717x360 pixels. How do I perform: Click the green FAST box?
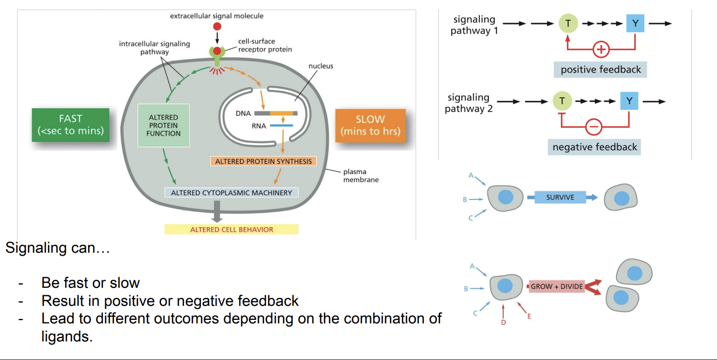click(70, 125)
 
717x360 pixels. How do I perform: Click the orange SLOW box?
click(371, 125)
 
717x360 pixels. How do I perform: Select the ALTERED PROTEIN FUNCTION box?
click(163, 125)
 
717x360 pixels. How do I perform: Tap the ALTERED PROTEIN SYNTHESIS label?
click(263, 161)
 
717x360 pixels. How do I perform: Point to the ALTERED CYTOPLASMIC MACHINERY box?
click(231, 193)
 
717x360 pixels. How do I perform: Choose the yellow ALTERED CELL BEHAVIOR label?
click(231, 230)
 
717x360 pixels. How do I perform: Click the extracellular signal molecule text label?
click(217, 16)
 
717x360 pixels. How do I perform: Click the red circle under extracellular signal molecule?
click(217, 27)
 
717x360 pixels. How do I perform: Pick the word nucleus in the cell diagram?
click(321, 66)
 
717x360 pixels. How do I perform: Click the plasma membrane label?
click(361, 175)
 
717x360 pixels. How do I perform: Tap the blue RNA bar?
click(281, 126)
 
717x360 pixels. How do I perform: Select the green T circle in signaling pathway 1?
click(568, 23)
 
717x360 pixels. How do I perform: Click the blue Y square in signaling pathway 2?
click(629, 101)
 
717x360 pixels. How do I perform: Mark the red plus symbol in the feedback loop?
click(601, 50)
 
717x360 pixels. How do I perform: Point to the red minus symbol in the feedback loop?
click(594, 127)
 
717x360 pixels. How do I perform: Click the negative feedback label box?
click(595, 147)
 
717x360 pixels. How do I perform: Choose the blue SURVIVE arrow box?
click(560, 197)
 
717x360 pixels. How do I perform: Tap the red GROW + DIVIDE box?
click(557, 286)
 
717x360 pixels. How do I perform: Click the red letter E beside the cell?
click(529, 316)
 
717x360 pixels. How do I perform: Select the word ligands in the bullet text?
click(67, 336)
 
